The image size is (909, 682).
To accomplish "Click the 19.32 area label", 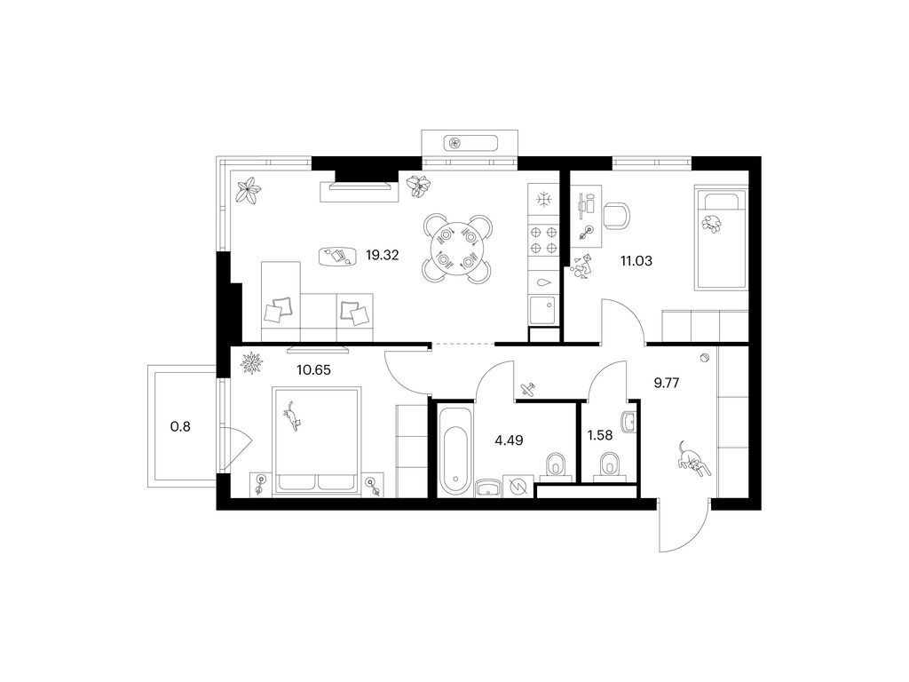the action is [x=382, y=255].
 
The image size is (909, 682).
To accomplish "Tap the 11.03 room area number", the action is [x=636, y=261].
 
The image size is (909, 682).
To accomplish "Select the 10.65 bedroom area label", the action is [x=313, y=369].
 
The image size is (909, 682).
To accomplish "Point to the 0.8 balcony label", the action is [x=179, y=427].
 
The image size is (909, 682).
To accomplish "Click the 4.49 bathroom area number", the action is [x=509, y=440].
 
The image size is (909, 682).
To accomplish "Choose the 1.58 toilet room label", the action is [x=599, y=435].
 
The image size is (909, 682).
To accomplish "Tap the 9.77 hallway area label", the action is [x=666, y=383].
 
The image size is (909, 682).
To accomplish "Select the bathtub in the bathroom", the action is [x=455, y=452].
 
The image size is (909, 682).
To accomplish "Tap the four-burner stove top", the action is [x=543, y=241].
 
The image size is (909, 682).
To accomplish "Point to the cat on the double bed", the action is [x=293, y=416].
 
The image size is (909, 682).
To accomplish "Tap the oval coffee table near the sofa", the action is [x=337, y=256].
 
